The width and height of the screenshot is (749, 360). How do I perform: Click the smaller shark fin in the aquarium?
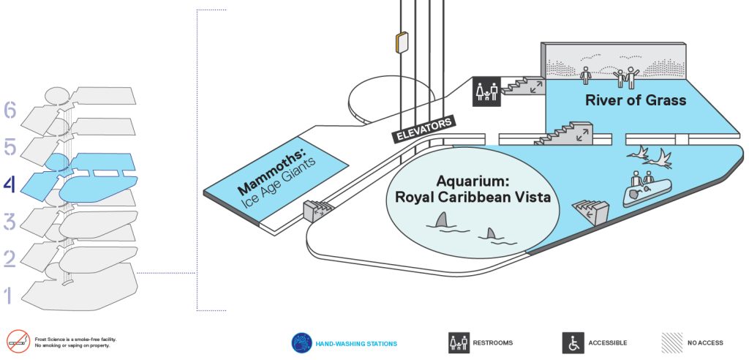point(491,234)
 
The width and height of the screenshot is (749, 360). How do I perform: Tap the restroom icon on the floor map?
point(487,91)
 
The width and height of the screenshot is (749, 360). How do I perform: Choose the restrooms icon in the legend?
point(459,342)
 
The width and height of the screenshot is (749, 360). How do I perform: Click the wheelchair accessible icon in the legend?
point(573,342)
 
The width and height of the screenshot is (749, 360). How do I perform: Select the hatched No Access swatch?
point(671,342)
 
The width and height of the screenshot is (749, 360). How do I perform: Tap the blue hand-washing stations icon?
point(302,342)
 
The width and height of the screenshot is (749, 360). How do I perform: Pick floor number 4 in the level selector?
point(10,184)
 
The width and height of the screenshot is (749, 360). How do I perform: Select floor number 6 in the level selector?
point(10,110)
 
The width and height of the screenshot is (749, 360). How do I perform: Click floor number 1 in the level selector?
point(7,296)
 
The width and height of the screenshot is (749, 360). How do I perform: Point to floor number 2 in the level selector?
point(10,258)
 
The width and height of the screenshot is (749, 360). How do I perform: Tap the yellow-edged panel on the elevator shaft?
point(402,42)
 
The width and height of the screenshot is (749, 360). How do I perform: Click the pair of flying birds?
point(650,158)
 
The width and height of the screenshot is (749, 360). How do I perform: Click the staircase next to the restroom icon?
point(524,86)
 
